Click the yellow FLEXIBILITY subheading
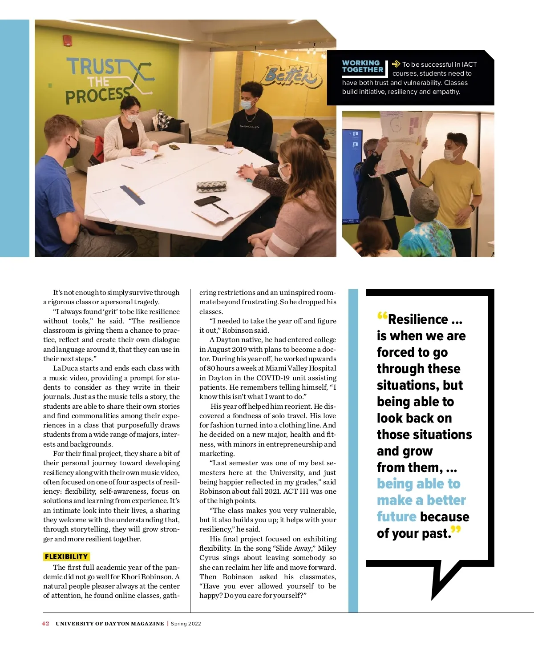coord(66,556)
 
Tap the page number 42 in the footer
coord(45,624)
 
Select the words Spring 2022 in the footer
coord(186,624)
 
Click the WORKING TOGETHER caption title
coord(362,66)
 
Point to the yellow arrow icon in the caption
coord(396,64)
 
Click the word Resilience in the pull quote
coord(418,319)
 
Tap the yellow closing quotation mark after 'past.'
coord(456,530)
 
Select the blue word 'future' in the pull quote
coord(396,516)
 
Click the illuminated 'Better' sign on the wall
coord(291,75)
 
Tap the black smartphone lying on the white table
coord(207,201)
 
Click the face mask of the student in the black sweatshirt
coord(247,105)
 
